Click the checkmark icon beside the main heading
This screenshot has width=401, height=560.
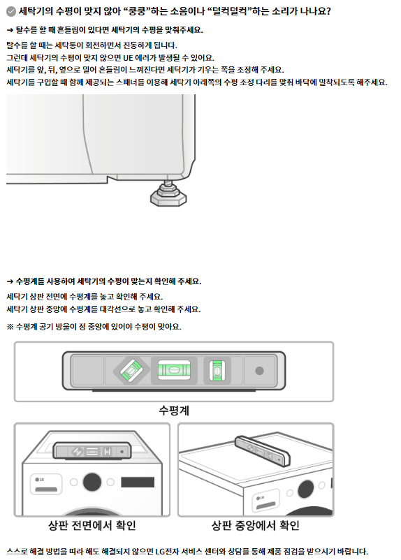click(11, 12)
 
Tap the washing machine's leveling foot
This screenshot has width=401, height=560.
click(168, 194)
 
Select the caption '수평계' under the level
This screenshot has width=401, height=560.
click(174, 411)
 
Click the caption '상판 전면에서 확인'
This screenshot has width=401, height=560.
click(92, 525)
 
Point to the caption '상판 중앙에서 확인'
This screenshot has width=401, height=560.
click(256, 525)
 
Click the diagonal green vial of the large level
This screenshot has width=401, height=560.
click(131, 371)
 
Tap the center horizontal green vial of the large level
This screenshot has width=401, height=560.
click(174, 370)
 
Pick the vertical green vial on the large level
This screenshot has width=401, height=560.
click(217, 371)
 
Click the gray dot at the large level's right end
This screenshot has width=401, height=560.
click(259, 371)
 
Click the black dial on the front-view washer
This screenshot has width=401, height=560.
click(92, 482)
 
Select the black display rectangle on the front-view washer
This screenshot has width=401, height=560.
click(138, 482)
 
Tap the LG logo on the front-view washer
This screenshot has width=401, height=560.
click(40, 480)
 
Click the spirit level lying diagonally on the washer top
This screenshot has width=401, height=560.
click(262, 451)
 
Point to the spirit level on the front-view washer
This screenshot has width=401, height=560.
click(92, 452)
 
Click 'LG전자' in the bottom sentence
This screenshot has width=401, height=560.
click(166, 552)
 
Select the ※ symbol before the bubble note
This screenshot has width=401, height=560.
click(10, 327)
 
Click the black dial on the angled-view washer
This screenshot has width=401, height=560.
click(305, 489)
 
